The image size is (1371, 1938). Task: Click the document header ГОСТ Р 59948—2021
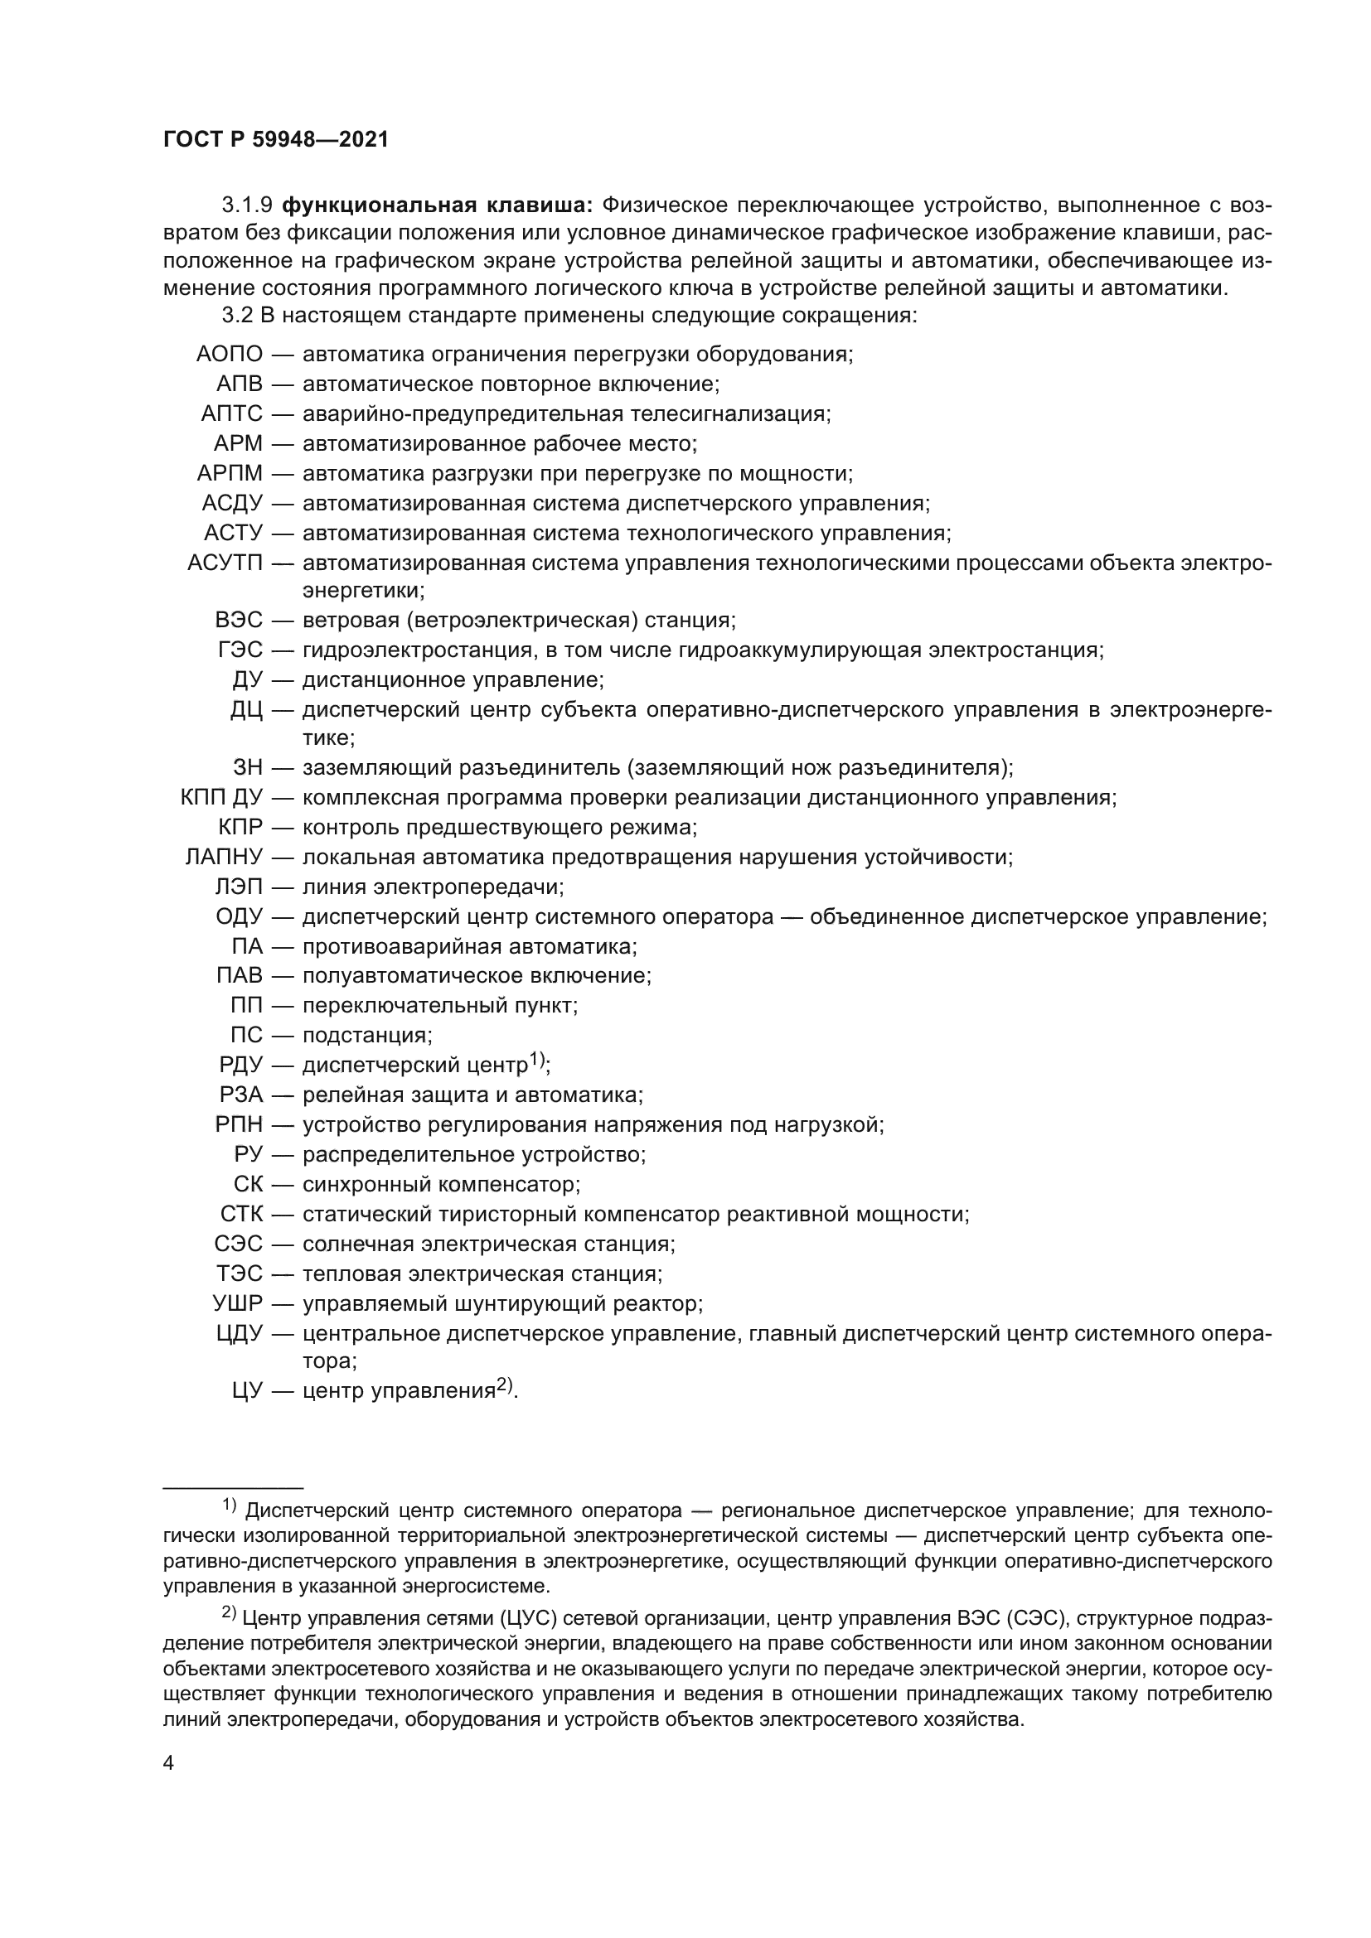[276, 140]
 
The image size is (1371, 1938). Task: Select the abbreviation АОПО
[230, 355]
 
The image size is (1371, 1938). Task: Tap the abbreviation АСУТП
[225, 563]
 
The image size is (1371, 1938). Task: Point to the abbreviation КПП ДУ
[222, 798]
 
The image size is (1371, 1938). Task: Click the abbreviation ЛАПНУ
[225, 858]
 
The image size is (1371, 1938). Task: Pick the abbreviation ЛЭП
[239, 887]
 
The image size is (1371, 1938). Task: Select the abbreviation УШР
[238, 1304]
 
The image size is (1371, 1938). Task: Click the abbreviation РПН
[239, 1125]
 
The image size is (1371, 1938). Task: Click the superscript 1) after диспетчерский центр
[538, 1060]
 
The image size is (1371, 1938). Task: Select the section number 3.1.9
[247, 205]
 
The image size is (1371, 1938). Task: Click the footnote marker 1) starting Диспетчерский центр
[230, 1505]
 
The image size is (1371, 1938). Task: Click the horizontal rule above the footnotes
[233, 1488]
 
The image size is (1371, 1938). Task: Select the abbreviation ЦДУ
[240, 1334]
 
